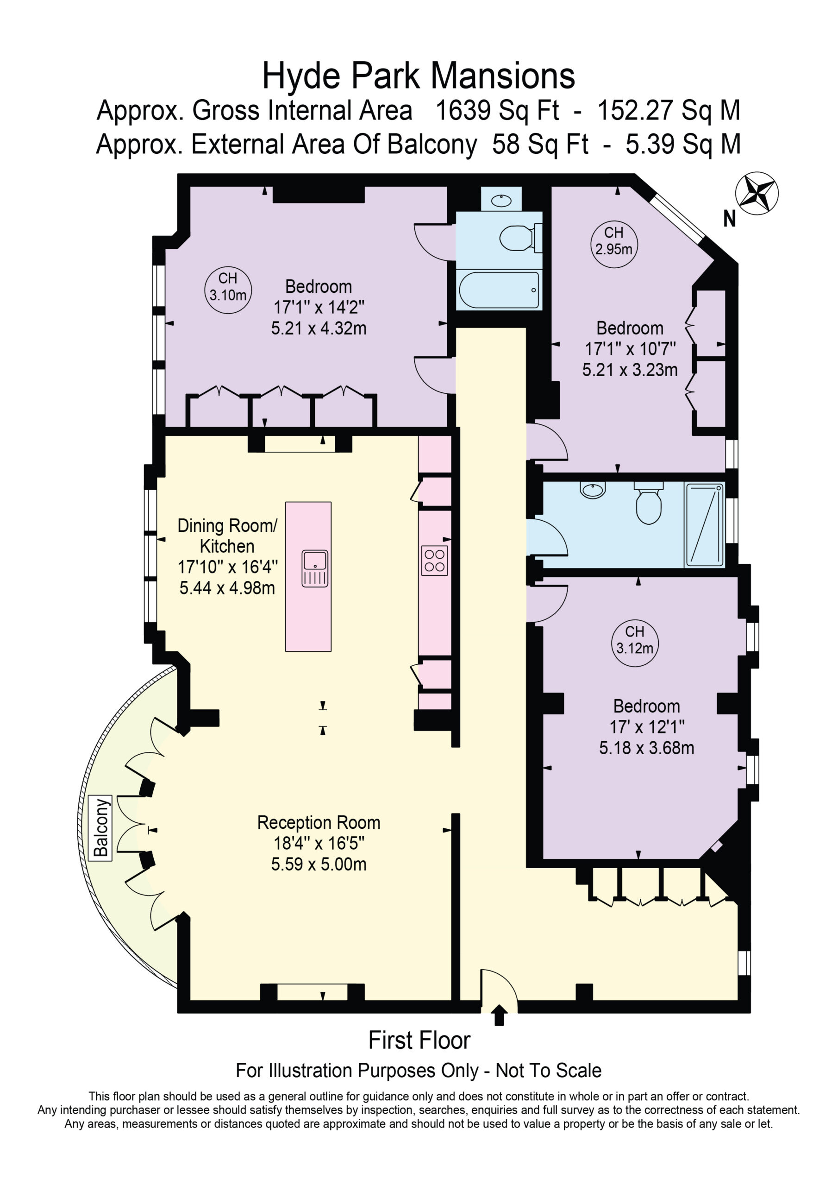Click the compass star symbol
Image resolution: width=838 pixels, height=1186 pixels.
pos(757,193)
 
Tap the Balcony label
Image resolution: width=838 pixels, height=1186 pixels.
pos(101,827)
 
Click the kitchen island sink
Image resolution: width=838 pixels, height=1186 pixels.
pos(315,568)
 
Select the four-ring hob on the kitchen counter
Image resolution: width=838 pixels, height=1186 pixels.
pos(434,561)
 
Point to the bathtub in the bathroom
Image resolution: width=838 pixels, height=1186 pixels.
pos(499,290)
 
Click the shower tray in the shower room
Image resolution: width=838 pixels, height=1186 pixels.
pos(704,524)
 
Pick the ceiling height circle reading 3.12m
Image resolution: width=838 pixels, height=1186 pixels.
pos(635,643)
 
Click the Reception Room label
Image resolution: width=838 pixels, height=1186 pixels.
pos(319,822)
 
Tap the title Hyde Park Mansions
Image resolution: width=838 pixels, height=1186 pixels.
pos(419,76)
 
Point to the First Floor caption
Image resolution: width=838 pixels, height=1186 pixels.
pos(419,1041)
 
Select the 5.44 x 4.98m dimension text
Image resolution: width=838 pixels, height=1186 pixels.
pos(227,588)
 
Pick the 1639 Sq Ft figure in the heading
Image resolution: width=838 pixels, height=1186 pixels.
pos(497,111)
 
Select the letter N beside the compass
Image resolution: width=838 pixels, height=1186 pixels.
pos(729,219)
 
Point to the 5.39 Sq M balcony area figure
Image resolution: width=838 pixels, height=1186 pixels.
pos(683,144)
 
